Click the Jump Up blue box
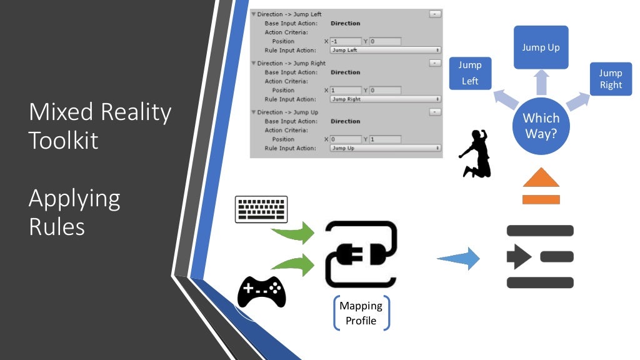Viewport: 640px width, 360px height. pos(541,47)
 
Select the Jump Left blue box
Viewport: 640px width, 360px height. pos(470,73)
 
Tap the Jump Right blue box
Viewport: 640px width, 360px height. pos(611,79)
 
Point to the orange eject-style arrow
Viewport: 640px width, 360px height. pos(541,188)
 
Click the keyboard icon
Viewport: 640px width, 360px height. pos(261,209)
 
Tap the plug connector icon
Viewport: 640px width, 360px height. pos(361,254)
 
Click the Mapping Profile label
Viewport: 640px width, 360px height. pos(361,313)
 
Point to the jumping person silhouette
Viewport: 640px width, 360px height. pos(476,153)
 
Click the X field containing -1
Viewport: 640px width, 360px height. pos(345,41)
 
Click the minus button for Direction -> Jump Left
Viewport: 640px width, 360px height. pos(435,14)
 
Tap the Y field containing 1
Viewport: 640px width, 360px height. pos(384,139)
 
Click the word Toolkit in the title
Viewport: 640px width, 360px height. pos(63,139)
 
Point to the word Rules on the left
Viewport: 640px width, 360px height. pos(56,226)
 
